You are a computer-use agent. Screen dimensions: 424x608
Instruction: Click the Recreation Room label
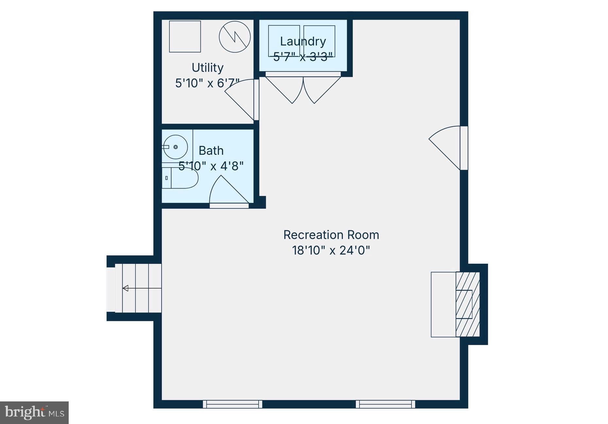click(331, 235)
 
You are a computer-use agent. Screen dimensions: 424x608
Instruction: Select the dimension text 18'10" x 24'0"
click(331, 251)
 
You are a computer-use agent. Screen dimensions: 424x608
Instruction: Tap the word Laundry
click(303, 42)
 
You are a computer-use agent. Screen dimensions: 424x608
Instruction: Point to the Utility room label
click(207, 68)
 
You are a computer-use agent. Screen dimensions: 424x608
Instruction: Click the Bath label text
click(211, 151)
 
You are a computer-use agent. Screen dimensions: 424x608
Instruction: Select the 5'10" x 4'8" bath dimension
click(211, 166)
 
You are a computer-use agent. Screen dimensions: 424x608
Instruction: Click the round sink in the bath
click(175, 147)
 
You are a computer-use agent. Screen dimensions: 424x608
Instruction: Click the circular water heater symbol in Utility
click(235, 37)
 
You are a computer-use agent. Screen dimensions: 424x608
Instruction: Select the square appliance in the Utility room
click(185, 37)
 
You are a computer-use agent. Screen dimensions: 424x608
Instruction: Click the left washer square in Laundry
click(284, 41)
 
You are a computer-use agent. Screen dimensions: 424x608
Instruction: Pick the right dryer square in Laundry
click(319, 41)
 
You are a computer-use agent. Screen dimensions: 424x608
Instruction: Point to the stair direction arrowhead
click(125, 288)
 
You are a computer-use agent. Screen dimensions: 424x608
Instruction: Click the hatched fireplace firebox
click(468, 304)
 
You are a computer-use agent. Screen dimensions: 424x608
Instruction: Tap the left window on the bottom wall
click(233, 404)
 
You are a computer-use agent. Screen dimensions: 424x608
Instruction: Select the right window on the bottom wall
click(386, 404)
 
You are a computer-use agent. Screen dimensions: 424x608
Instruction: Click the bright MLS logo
click(34, 413)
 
